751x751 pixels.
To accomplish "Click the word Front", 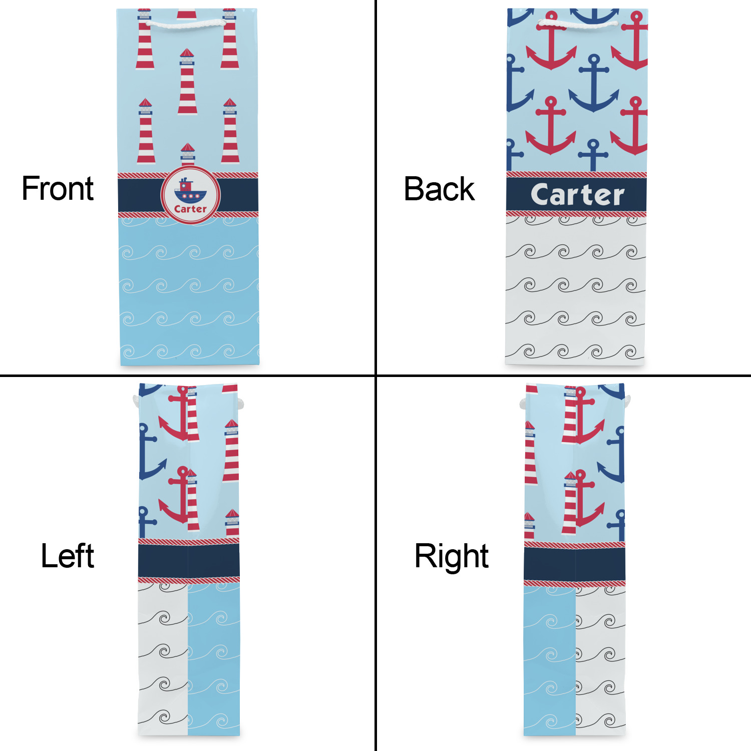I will coord(58,189).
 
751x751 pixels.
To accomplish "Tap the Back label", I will coord(439,189).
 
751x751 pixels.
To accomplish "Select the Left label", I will coord(67,556).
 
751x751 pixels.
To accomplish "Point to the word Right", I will coord(452,556).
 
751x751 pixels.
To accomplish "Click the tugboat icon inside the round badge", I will coord(190,192).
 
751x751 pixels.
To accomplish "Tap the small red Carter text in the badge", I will coord(190,209).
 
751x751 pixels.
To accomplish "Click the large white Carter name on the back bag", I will coord(577,194).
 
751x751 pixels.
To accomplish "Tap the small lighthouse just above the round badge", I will coord(188,154).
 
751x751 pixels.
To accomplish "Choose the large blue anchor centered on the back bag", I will coord(594,85).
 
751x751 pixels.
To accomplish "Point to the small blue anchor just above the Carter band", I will coord(593,154).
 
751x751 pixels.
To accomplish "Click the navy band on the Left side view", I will coord(189,560).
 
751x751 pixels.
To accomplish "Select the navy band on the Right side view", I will coord(574,564).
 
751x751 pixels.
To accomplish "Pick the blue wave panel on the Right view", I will coord(549,661).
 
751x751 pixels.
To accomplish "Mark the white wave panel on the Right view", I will coord(600,661).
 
